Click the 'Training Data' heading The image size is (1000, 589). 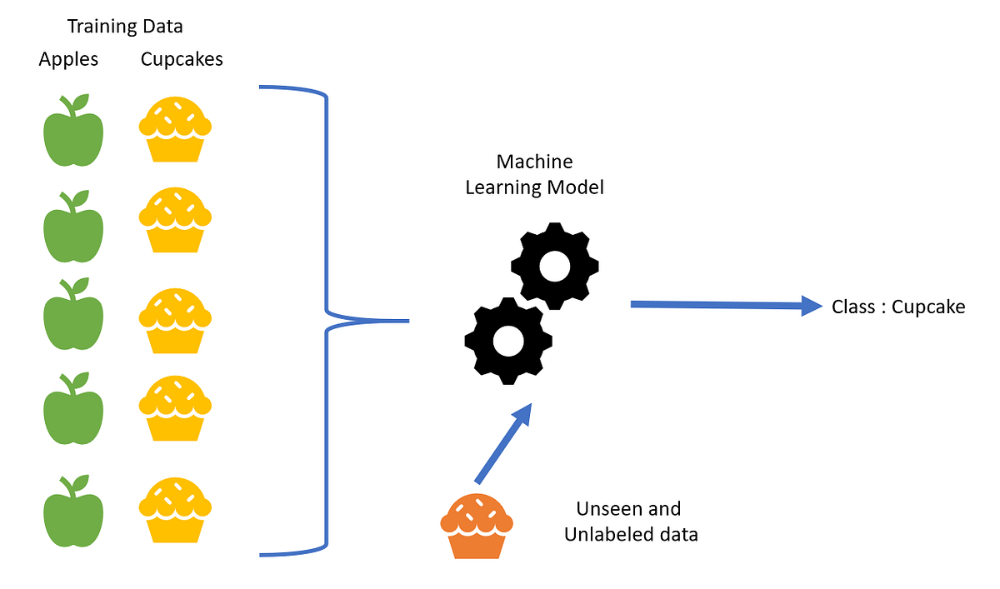(x=125, y=27)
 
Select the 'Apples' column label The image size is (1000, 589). (x=68, y=59)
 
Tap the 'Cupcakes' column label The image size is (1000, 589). (x=182, y=59)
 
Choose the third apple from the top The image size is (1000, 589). (x=73, y=322)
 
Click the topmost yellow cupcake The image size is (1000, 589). (x=174, y=130)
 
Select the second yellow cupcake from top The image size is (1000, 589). (x=174, y=221)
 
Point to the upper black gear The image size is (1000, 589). (x=555, y=266)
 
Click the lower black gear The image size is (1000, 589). (x=507, y=340)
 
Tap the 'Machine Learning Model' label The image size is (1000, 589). (x=534, y=174)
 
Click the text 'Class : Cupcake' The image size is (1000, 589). (x=898, y=307)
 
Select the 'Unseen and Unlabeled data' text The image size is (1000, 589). (x=630, y=522)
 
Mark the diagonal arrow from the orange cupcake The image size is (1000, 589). (x=503, y=443)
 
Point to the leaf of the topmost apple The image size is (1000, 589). (x=80, y=102)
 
